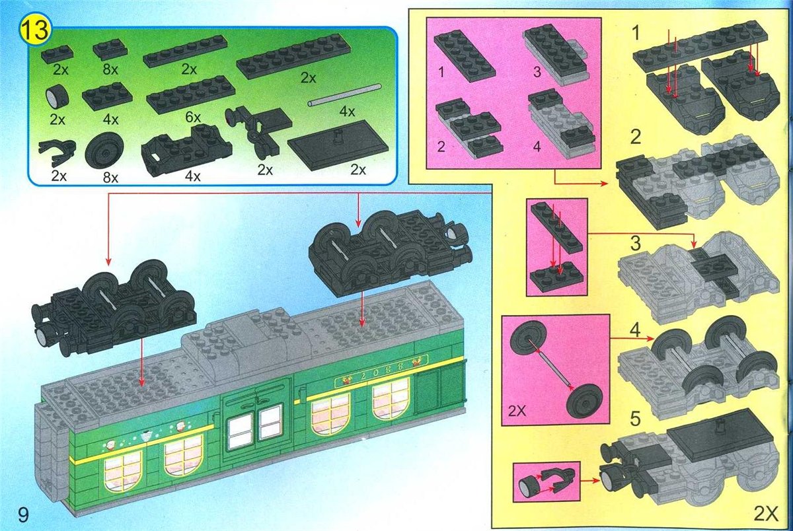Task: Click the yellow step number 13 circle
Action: pos(36,30)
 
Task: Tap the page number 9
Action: pos(22,514)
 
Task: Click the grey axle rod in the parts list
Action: pos(344,94)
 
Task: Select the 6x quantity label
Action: pos(193,117)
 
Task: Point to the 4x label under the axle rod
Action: pos(347,112)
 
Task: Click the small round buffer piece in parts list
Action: pos(57,97)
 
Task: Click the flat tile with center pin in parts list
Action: pos(338,145)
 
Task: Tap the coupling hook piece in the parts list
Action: pos(57,153)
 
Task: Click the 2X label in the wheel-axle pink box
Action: pos(517,411)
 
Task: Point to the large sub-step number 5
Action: pos(636,419)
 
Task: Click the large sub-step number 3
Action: pos(636,244)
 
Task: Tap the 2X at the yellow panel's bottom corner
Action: pos(766,514)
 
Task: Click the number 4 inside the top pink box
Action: pos(537,147)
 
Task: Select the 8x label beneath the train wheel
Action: pos(110,178)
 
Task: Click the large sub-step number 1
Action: pos(636,34)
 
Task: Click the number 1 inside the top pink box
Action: pos(441,72)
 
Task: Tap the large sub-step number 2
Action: pos(636,137)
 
